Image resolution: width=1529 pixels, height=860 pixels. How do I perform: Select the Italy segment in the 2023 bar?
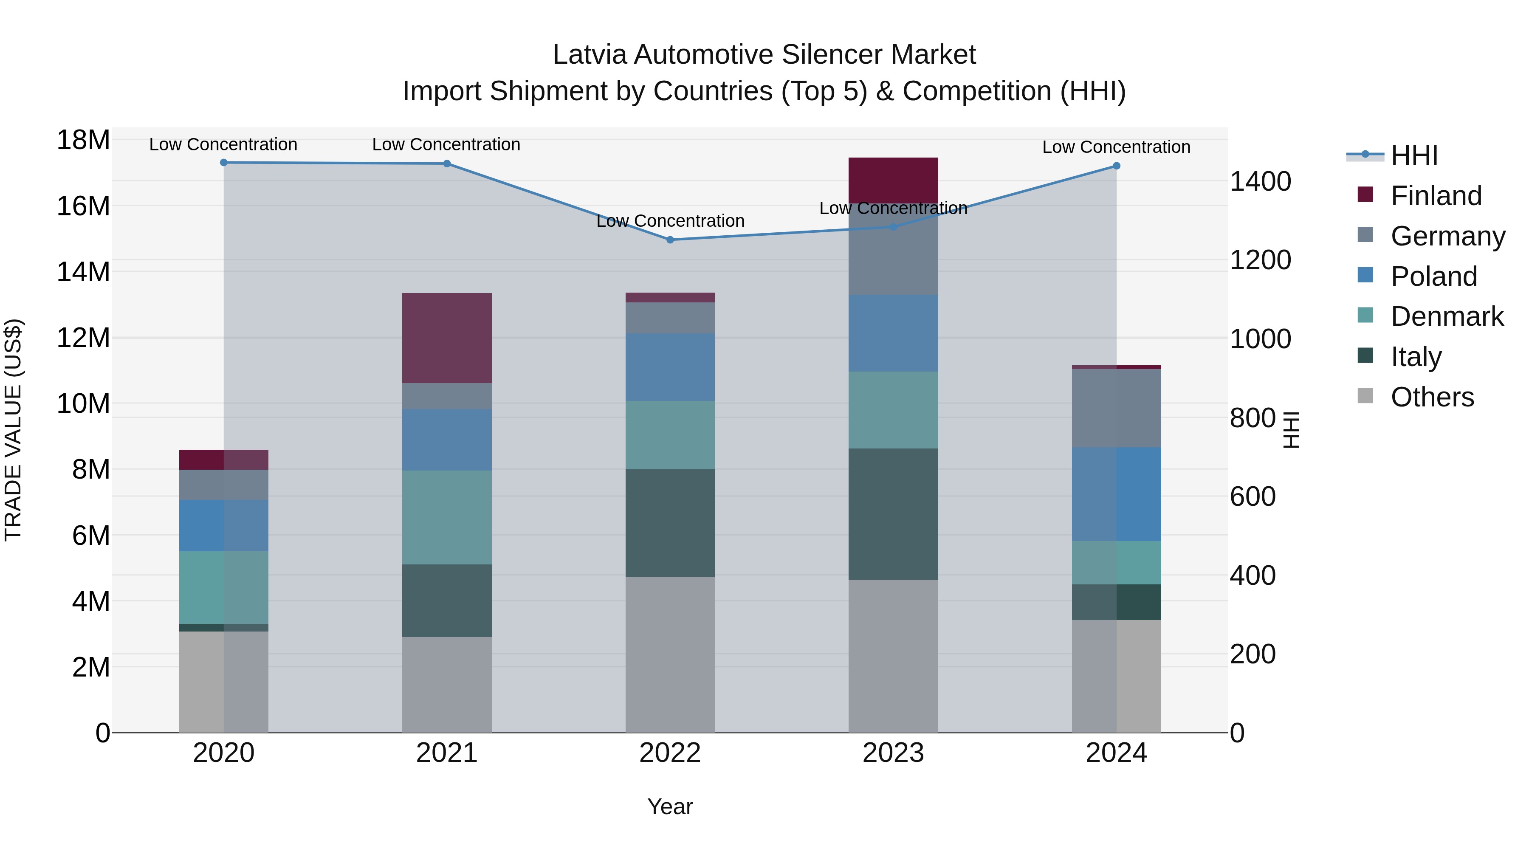(893, 514)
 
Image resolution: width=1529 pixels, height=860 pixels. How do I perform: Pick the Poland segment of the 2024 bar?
(1116, 494)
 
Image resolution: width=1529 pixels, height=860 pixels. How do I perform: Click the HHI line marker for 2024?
(1116, 166)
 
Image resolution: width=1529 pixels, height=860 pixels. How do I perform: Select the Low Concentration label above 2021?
(446, 145)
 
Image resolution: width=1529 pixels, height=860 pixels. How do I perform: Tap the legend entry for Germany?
(1447, 236)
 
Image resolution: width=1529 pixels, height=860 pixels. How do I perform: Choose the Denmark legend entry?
(1447, 317)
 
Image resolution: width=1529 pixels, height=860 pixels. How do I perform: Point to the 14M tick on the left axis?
(83, 272)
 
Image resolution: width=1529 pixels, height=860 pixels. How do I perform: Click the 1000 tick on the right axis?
(1260, 339)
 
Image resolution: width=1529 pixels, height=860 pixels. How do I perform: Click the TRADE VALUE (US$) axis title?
(13, 430)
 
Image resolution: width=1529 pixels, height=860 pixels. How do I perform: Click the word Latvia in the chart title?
(590, 55)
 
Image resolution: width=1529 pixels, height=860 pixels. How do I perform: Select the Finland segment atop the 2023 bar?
(893, 180)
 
